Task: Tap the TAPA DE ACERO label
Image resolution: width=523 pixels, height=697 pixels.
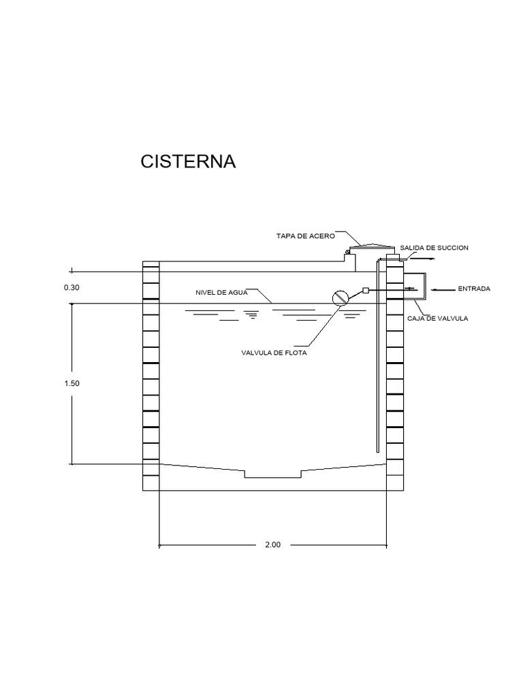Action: tap(305, 236)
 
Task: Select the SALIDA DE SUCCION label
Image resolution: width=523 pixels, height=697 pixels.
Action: tap(434, 248)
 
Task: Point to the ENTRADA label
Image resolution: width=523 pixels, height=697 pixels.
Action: tap(473, 289)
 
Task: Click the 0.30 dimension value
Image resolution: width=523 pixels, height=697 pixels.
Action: tap(72, 288)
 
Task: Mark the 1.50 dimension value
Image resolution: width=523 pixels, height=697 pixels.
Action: tap(72, 383)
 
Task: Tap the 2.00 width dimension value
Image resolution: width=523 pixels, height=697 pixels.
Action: tap(273, 545)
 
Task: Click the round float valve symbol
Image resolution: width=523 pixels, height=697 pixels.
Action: tap(340, 297)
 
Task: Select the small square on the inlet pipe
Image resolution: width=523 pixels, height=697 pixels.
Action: tap(366, 291)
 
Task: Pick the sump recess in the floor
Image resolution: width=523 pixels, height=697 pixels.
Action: tap(273, 473)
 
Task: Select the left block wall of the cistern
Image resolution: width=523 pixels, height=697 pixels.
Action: tap(150, 374)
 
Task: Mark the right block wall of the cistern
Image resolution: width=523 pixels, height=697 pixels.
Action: tap(396, 374)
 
